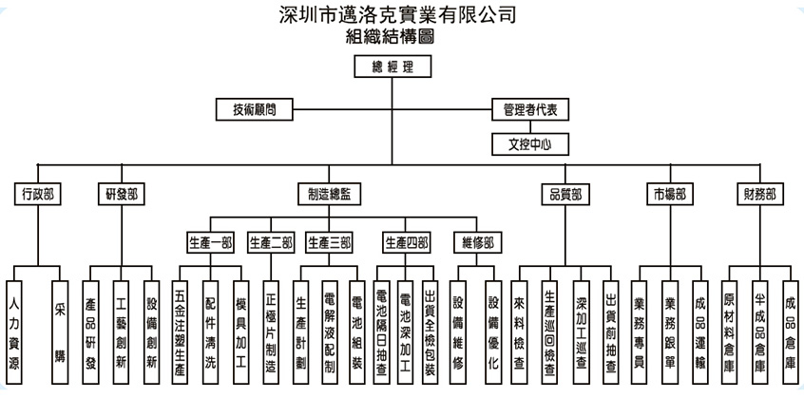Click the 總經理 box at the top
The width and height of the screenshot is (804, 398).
pyautogui.click(x=392, y=66)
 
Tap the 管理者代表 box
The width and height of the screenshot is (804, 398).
pyautogui.click(x=530, y=109)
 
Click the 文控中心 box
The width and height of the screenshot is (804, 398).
pyautogui.click(x=530, y=144)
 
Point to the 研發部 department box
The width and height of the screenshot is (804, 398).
pyautogui.click(x=121, y=194)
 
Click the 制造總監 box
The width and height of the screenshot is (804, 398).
pyautogui.click(x=329, y=194)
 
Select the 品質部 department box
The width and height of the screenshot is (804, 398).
pyautogui.click(x=565, y=194)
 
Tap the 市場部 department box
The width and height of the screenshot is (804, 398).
pyautogui.click(x=669, y=194)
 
